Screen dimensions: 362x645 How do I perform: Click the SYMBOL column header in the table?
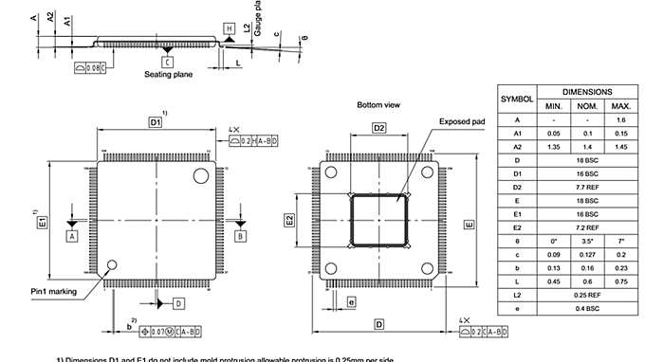click(x=517, y=99)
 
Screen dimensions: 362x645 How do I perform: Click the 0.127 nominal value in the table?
click(x=587, y=254)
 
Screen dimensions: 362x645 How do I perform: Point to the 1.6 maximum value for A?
click(x=621, y=120)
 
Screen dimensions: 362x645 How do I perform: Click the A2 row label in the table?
click(x=517, y=147)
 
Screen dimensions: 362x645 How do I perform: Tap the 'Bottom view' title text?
click(x=377, y=104)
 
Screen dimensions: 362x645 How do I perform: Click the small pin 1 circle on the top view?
click(x=112, y=265)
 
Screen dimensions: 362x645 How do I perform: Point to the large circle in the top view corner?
click(x=200, y=175)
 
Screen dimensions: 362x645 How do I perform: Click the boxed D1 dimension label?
click(x=156, y=123)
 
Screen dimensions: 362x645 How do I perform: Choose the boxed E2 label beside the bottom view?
click(x=290, y=220)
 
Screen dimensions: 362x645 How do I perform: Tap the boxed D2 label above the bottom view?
click(x=378, y=128)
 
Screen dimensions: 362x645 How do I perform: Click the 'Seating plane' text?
click(x=167, y=74)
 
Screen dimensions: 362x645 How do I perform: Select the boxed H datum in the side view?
click(x=230, y=29)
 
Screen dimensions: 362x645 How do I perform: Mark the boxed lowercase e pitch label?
click(x=351, y=302)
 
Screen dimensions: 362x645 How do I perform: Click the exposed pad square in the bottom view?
click(x=379, y=220)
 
